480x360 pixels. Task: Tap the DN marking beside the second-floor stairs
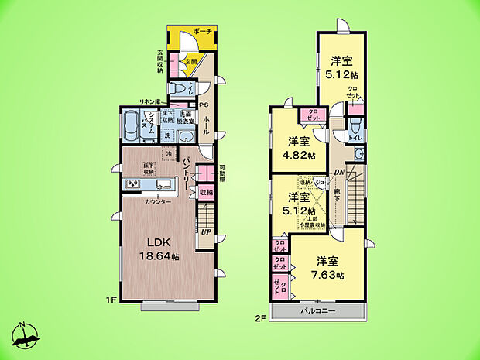coord(338,173)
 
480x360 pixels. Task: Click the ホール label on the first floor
coord(206,125)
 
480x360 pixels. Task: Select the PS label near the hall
coord(204,105)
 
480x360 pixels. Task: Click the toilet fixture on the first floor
coord(177,90)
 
